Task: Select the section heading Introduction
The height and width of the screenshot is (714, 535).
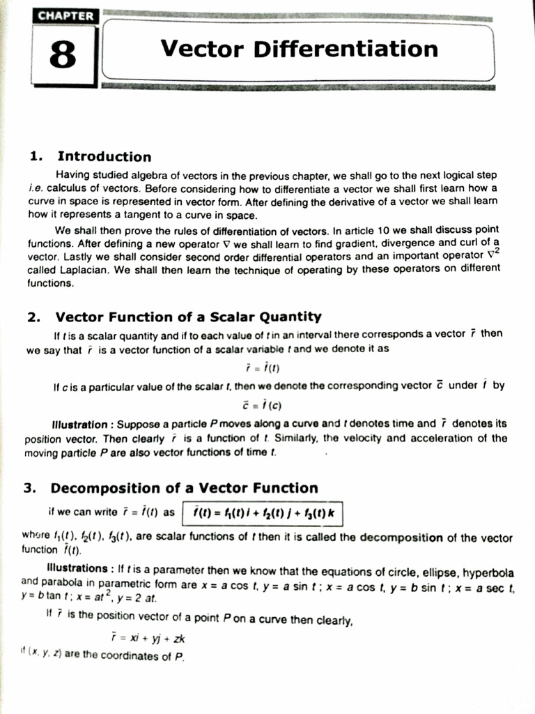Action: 104,156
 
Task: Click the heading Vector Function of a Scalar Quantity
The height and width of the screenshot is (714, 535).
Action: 188,317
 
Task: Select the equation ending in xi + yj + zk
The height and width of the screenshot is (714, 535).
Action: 148,638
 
